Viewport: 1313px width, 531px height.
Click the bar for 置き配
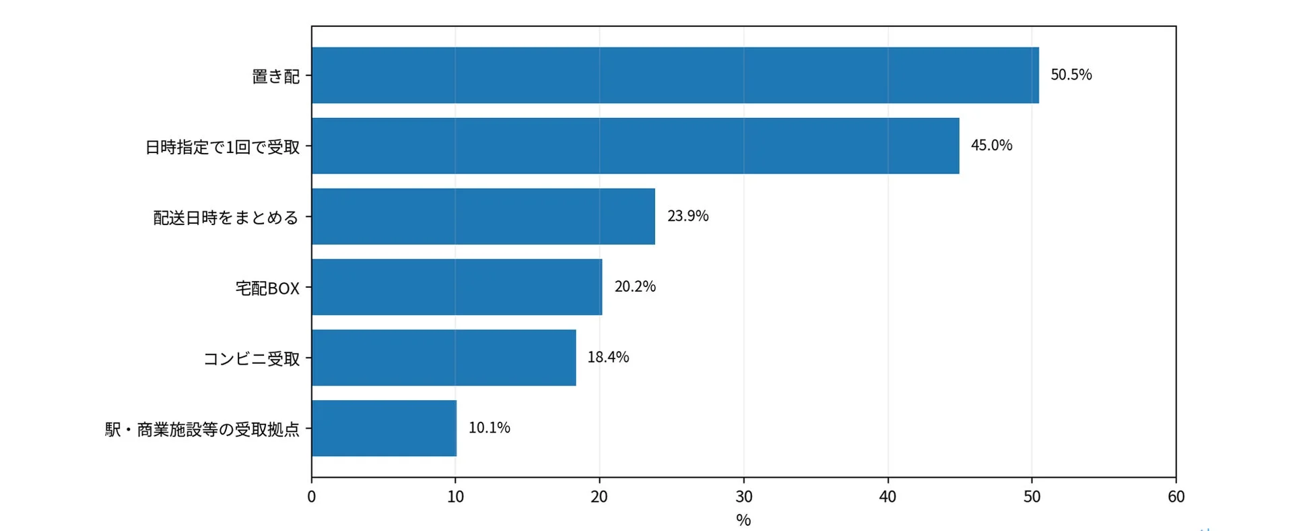[675, 75]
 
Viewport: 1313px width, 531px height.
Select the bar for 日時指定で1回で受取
[636, 146]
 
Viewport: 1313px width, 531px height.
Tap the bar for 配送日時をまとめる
[483, 216]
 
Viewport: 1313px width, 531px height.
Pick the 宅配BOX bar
[457, 287]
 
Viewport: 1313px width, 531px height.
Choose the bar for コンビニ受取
[444, 358]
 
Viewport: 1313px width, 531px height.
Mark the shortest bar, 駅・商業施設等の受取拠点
[384, 429]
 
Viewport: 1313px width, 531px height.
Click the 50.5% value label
[1071, 75]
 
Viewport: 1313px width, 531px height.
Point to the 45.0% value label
[992, 146]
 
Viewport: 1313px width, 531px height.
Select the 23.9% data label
[688, 216]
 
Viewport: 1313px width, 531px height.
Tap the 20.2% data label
[635, 286]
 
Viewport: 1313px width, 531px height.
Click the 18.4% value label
[608, 357]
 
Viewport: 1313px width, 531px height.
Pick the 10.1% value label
[490, 428]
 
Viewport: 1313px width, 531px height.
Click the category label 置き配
[276, 76]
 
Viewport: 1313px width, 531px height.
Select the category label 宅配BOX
[267, 288]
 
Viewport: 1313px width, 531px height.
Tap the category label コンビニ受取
[252, 358]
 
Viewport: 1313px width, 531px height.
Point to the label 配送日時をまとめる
[226, 218]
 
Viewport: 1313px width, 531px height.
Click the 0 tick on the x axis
[312, 497]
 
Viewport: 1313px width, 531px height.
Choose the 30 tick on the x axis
[744, 497]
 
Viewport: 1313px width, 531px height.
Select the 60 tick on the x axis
[1176, 497]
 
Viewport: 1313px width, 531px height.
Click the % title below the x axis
[743, 520]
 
